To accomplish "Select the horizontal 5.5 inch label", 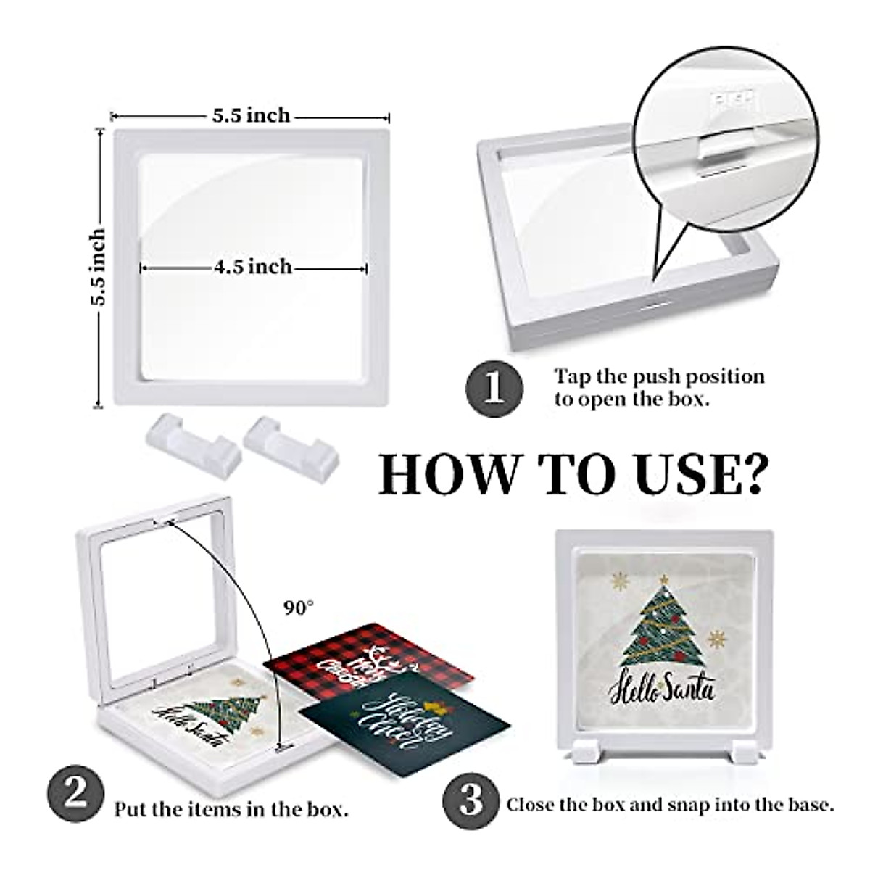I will (251, 116).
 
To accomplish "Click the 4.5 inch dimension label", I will (252, 268).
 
